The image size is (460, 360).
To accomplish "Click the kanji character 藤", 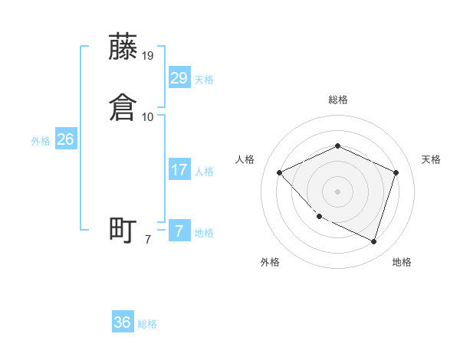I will click(x=123, y=47).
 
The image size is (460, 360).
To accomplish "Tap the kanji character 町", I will click(x=123, y=230).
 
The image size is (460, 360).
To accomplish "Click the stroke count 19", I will click(x=148, y=55).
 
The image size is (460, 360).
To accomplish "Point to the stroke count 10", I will click(x=148, y=116).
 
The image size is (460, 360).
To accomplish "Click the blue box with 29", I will click(x=179, y=77).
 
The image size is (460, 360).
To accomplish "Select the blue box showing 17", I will click(x=179, y=169).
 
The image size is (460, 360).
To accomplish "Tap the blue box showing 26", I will click(x=66, y=139).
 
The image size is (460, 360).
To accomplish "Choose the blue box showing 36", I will click(x=123, y=322).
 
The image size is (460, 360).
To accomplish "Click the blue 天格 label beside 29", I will click(x=204, y=80).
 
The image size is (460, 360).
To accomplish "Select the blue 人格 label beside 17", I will click(x=204, y=172).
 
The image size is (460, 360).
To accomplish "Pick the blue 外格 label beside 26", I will click(x=41, y=141).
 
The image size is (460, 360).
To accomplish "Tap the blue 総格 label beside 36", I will click(x=147, y=325).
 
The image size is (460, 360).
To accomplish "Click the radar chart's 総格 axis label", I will click(x=337, y=100).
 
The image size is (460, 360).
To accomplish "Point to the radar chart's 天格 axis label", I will click(x=431, y=159).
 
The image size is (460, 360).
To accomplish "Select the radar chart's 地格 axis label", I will click(x=402, y=262).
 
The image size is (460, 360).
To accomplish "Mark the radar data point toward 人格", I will click(x=280, y=172).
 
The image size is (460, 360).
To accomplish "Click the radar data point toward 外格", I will click(x=319, y=217).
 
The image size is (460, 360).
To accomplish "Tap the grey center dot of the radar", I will click(x=337, y=191).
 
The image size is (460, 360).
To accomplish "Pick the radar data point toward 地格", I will click(x=373, y=241).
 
